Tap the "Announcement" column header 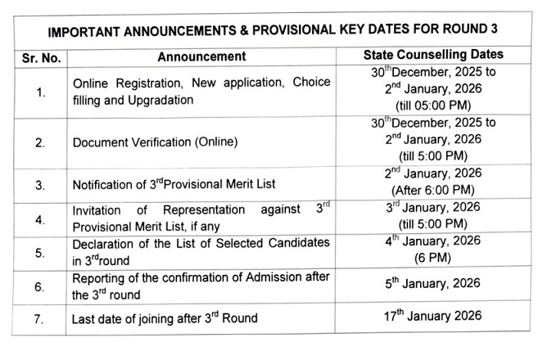coord(201,57)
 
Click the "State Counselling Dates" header coord(432,56)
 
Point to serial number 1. coord(41,92)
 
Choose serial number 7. coord(41,317)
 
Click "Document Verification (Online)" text coord(155,142)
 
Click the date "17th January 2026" coord(433,316)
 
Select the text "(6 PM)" coord(433,255)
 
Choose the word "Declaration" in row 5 coord(104,243)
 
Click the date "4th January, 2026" coord(433,241)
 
